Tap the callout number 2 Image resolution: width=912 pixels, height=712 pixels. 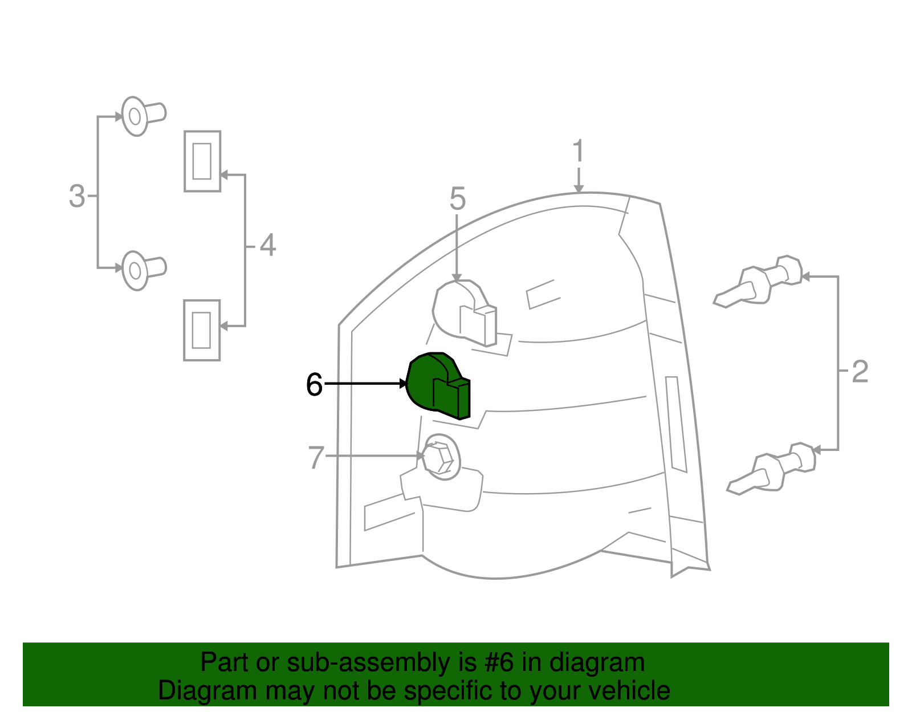point(860,371)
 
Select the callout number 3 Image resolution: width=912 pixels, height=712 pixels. point(77,196)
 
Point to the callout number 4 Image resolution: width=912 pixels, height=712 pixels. point(268,245)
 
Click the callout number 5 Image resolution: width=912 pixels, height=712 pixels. point(458,198)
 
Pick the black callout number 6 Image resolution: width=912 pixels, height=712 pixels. point(314,384)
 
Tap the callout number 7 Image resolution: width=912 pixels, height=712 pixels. point(316,457)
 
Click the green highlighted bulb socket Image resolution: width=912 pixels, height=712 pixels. point(438,385)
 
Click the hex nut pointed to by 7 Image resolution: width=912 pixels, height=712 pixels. point(438,458)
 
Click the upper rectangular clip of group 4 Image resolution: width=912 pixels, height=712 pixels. point(202,161)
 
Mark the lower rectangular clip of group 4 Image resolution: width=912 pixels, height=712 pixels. point(202,330)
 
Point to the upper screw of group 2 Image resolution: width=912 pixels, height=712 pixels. point(758,281)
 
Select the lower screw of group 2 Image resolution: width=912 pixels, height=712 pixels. point(771,468)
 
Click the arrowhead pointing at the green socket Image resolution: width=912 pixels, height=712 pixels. point(404,384)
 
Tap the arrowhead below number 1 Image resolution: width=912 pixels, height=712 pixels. point(579,189)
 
